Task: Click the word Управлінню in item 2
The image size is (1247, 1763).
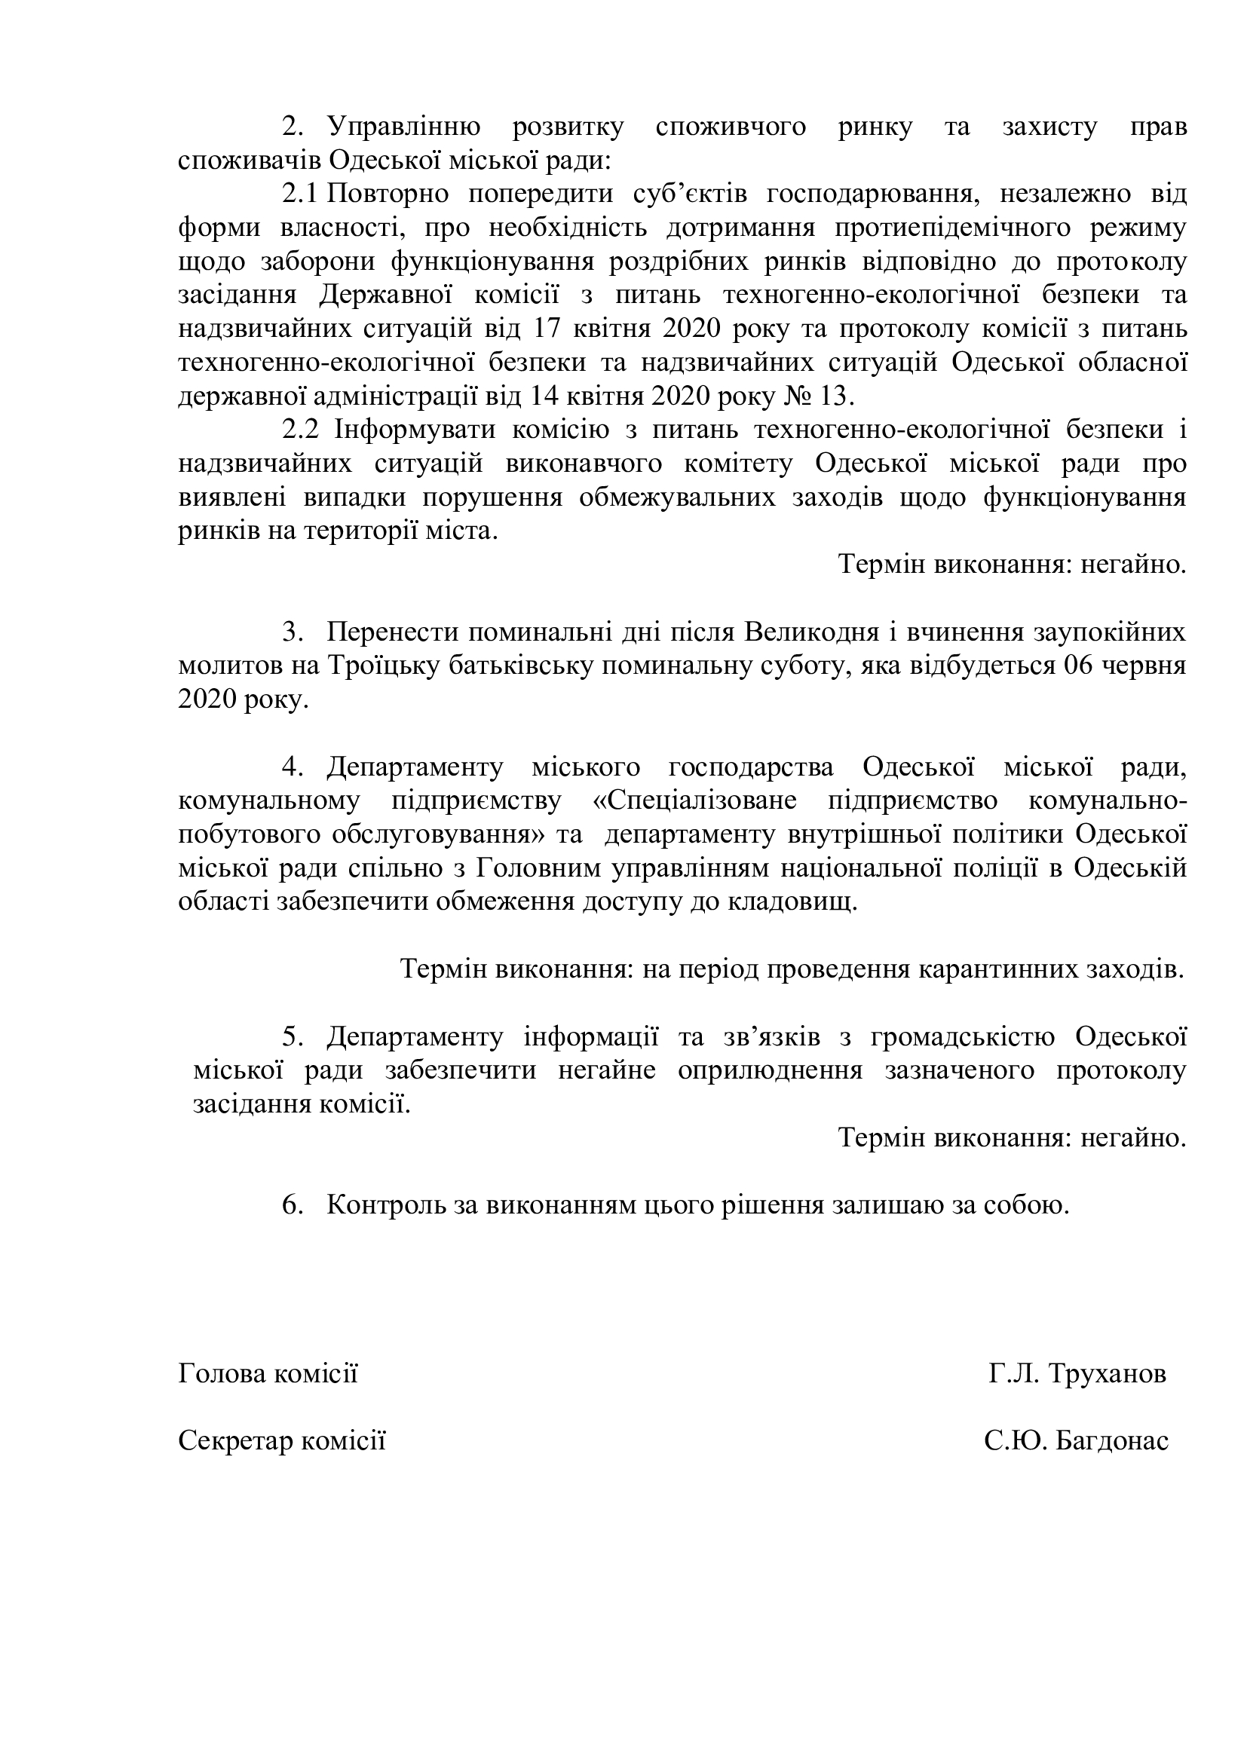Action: tap(404, 127)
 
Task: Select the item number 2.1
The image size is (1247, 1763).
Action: tap(299, 194)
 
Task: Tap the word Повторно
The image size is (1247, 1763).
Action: tap(388, 194)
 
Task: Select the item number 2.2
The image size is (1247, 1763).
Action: tap(300, 430)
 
